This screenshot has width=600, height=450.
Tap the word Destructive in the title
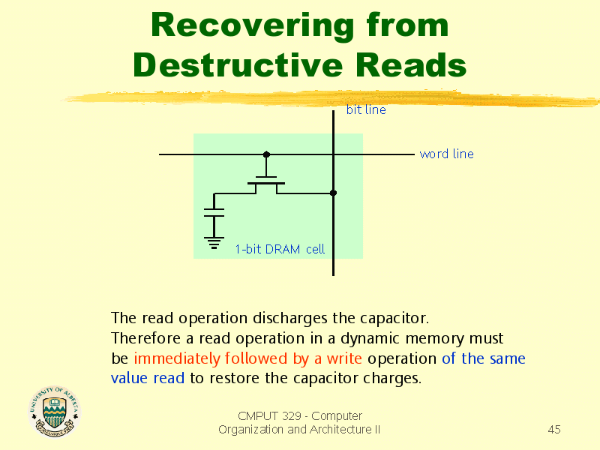pos(238,64)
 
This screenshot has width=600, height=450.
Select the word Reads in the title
pos(411,64)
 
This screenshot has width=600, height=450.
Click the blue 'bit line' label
pos(366,109)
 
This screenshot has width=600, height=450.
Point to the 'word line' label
pos(446,154)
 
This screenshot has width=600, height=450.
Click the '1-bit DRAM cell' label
pos(280,249)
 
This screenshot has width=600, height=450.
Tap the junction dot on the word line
pos(266,154)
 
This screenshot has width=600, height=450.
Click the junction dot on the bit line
pos(333,193)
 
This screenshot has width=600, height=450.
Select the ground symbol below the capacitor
pos(214,243)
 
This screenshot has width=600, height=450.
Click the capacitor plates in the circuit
pos(214,212)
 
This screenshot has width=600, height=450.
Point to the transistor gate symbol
pos(266,180)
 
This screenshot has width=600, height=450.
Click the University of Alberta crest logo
pos(54,411)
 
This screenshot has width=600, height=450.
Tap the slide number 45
pos(554,429)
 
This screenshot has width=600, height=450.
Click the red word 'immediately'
pos(177,358)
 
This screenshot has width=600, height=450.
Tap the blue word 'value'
pos(129,378)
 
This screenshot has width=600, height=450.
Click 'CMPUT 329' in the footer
pos(269,415)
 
